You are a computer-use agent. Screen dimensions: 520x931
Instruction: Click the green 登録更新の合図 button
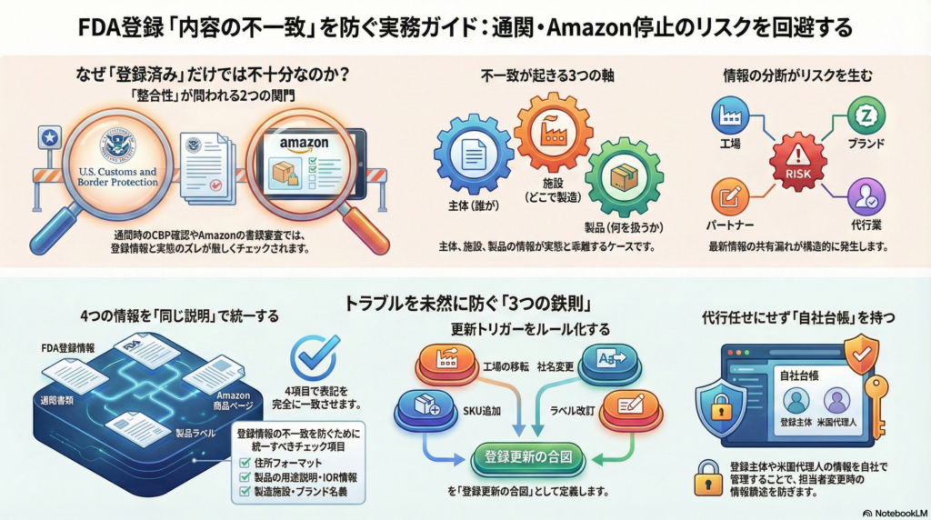(x=526, y=457)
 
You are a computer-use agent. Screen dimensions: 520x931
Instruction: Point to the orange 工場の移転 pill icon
(x=448, y=360)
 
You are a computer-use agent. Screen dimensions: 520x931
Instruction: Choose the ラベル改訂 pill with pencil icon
(x=632, y=405)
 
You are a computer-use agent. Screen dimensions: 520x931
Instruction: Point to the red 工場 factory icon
(x=730, y=115)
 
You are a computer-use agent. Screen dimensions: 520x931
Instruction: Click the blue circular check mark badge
(x=313, y=357)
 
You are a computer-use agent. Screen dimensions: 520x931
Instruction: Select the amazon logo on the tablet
(x=303, y=143)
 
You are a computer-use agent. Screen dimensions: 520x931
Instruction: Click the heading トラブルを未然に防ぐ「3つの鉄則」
(x=465, y=303)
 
